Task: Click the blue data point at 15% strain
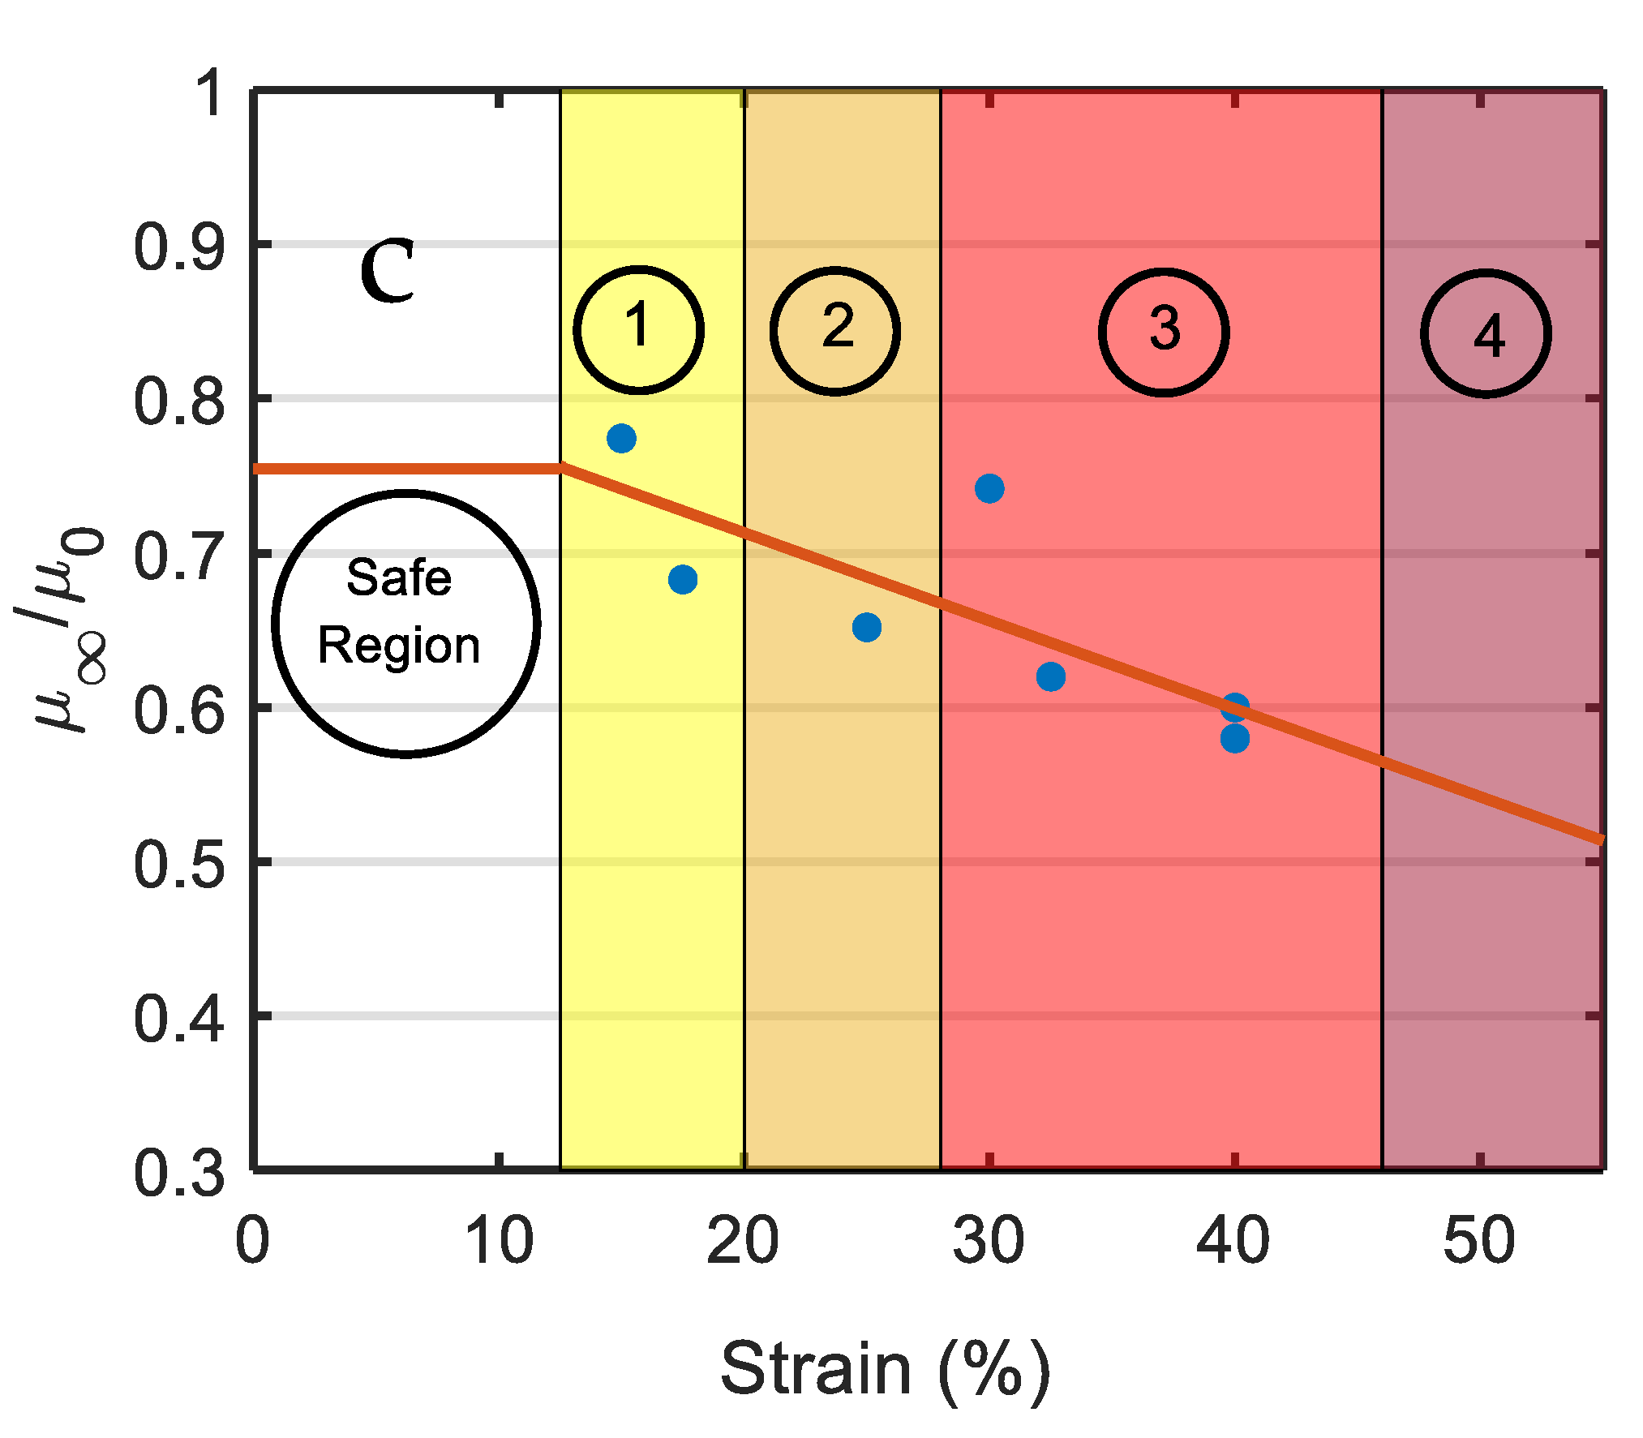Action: tap(621, 439)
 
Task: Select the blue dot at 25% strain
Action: tap(867, 627)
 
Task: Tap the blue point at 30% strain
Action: tap(989, 488)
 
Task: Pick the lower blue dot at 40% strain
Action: tap(1234, 739)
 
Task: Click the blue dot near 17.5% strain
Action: tap(683, 579)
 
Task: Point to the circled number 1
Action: tap(638, 329)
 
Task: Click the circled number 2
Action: tap(835, 330)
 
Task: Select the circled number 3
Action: tap(1164, 332)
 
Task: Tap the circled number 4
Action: tap(1486, 334)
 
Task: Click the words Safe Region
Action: tap(400, 612)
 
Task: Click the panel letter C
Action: tap(388, 272)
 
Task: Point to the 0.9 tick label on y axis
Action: tap(178, 248)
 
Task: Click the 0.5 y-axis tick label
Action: tap(178, 865)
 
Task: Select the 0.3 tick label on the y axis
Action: tap(178, 1174)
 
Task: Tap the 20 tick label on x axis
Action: tap(742, 1241)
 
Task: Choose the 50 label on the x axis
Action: tap(1478, 1241)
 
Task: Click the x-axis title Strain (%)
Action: tap(885, 1370)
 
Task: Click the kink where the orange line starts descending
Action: tap(561, 468)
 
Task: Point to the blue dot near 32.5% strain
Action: tap(1051, 676)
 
